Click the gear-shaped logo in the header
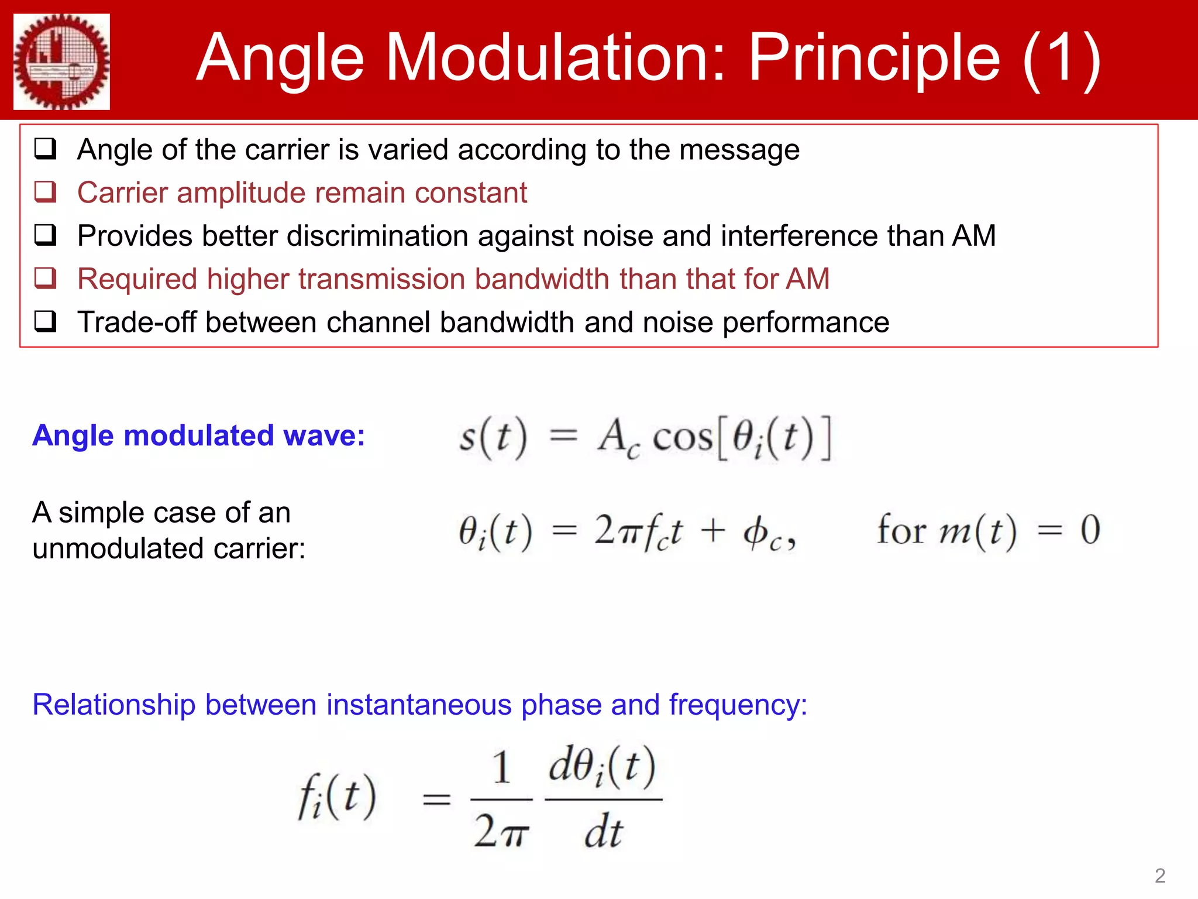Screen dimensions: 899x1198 click(61, 61)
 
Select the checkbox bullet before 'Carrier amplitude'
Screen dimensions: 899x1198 click(46, 192)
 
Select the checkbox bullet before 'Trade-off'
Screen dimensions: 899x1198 click(46, 321)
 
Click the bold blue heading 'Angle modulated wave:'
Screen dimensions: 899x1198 click(199, 435)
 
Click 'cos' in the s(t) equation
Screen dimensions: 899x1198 click(682, 437)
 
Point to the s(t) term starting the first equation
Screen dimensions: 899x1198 click(493, 437)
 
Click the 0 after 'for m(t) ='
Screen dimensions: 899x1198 click(1090, 530)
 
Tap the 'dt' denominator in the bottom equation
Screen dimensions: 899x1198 click(603, 832)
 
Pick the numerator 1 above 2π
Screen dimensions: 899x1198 click(501, 767)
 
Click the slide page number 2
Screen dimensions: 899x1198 click(1159, 876)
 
